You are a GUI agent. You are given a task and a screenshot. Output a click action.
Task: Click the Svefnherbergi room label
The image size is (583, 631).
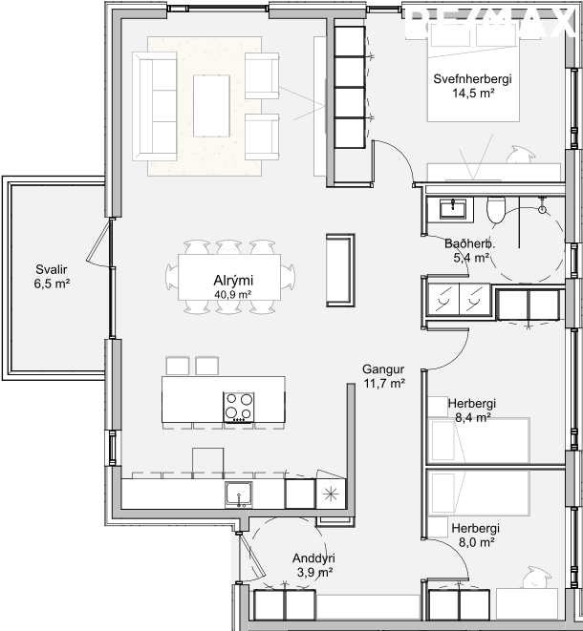point(472,78)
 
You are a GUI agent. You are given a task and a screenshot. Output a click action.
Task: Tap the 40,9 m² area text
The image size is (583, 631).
point(233,295)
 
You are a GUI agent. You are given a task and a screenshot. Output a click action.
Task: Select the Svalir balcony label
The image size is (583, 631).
point(52,269)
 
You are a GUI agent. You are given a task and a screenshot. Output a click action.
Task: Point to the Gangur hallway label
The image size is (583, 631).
point(383,369)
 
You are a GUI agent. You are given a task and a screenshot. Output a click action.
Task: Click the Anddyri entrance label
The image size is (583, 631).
point(313,558)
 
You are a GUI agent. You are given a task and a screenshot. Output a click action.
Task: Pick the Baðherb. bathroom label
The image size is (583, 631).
point(470,243)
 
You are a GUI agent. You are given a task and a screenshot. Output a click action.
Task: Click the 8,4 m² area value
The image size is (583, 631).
point(472,417)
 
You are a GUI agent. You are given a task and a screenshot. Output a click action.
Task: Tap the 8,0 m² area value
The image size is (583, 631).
point(477,542)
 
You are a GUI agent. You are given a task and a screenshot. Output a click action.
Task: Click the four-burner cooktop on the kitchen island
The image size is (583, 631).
point(239,407)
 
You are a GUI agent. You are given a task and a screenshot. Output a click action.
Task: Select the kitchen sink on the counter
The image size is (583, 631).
point(239,494)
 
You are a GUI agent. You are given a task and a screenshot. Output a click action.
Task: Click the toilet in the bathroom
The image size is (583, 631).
point(496,210)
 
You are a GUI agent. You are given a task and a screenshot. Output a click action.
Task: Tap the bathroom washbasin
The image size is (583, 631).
point(452,209)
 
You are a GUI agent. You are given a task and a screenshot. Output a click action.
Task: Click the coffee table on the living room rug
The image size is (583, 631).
point(211,106)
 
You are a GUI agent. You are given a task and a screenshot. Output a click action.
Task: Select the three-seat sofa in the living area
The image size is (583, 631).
point(155,106)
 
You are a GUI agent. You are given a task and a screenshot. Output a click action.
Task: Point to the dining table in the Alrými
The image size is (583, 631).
point(229,277)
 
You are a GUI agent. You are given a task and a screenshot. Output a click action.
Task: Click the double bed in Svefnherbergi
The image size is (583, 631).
point(473,72)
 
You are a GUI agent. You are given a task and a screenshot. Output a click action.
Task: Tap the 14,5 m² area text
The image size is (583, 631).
point(473,93)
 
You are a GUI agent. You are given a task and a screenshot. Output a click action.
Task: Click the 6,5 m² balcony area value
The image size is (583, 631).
point(52,284)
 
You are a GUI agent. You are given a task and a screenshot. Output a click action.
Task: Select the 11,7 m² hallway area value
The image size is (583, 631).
point(384,383)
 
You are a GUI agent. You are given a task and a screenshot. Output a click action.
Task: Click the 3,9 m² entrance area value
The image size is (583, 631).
point(314,572)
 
